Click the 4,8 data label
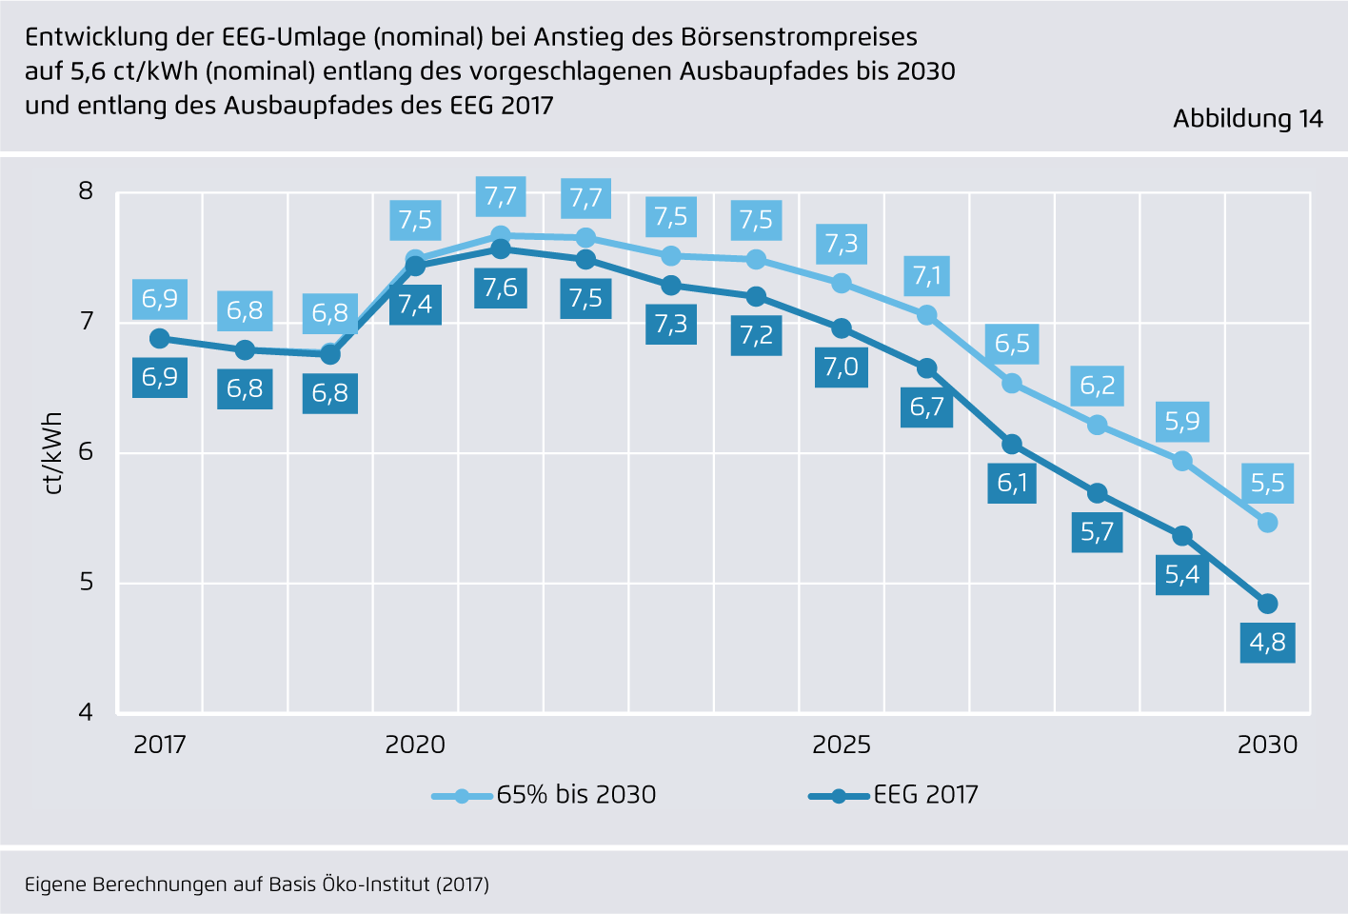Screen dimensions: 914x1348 (x=1267, y=643)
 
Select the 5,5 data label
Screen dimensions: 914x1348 (x=1267, y=484)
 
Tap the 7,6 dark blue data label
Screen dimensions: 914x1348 (x=500, y=288)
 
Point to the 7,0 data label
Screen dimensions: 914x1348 (x=842, y=367)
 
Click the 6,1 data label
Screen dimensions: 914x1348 (x=1012, y=484)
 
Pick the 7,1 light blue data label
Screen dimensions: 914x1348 (x=926, y=276)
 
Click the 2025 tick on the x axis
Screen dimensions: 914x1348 (x=842, y=745)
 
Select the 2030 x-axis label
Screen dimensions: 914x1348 (x=1267, y=745)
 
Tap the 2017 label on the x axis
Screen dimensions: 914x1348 (x=160, y=745)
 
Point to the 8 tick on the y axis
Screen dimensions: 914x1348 (x=87, y=191)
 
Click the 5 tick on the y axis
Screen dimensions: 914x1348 (x=87, y=582)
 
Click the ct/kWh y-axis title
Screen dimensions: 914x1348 (x=53, y=453)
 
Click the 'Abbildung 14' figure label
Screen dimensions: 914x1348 (x=1247, y=119)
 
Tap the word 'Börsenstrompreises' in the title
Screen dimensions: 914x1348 (x=800, y=37)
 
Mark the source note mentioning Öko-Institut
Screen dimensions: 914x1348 (x=257, y=884)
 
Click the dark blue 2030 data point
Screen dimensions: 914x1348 (x=1267, y=604)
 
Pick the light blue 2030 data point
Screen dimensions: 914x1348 (x=1267, y=523)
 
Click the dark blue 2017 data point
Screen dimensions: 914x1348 (x=160, y=339)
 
